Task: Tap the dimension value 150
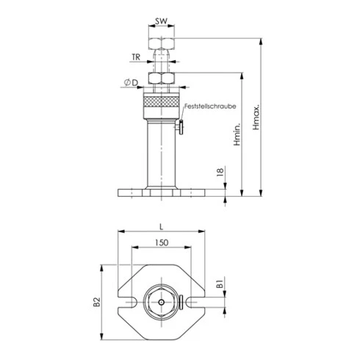pyautogui.click(x=159, y=242)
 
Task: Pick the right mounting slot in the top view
pyautogui.click(x=192, y=301)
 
